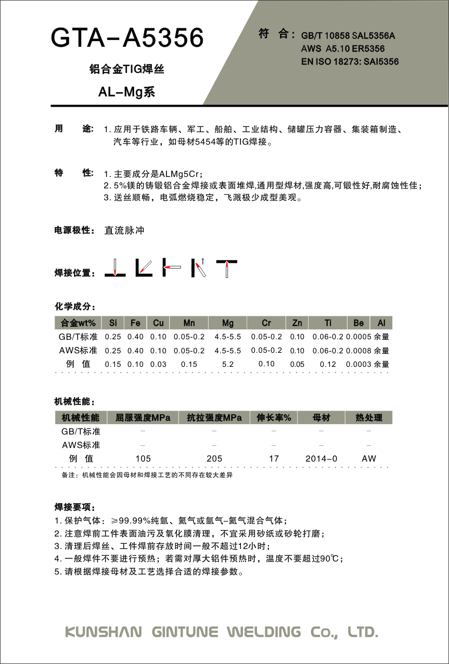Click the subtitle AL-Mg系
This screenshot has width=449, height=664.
pos(127,92)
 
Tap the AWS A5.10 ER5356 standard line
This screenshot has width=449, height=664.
pos(343,49)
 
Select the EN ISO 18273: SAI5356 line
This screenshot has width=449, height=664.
pos(350,61)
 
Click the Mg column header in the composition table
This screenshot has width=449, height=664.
pos(227,323)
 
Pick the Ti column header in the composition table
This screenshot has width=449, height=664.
pos(328,323)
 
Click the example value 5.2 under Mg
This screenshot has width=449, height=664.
pos(227,364)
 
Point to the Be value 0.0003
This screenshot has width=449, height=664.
pos(358,364)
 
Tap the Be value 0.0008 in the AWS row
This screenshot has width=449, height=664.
pos(358,351)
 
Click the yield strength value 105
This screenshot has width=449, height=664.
pos(143,458)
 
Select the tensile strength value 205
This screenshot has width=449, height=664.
pos(214,458)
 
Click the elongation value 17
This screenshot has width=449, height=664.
pos(274,458)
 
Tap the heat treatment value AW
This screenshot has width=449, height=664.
pos(368,458)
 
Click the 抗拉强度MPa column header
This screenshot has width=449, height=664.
pos(214,418)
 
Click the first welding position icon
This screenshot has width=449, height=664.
pos(115,267)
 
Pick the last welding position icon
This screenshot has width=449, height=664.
pos(227,267)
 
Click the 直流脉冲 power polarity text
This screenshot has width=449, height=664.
pos(124,230)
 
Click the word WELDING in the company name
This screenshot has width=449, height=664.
pos(264,632)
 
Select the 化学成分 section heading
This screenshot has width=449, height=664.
pos(75,305)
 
